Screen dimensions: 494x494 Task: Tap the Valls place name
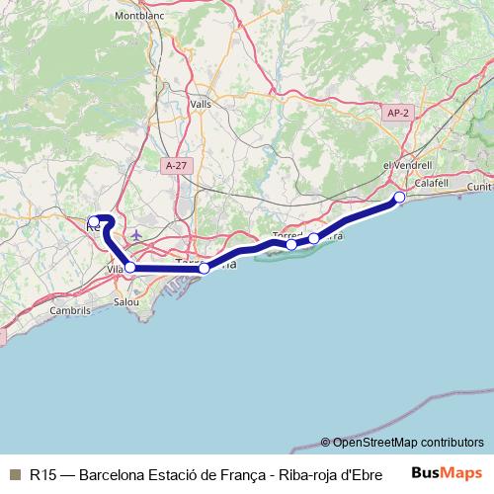point(201,103)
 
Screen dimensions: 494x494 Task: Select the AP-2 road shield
point(398,114)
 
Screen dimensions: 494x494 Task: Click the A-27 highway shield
point(176,165)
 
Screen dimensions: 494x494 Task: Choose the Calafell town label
point(432,184)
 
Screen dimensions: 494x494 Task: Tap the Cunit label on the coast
point(480,186)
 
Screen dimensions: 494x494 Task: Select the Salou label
point(126,301)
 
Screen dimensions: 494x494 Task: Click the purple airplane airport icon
point(136,235)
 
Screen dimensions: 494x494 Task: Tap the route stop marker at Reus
point(94,221)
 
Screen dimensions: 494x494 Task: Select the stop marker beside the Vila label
point(130,267)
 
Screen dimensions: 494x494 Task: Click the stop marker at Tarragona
point(204,268)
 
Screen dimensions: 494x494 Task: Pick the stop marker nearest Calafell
point(400,198)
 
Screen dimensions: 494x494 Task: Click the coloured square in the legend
point(15,473)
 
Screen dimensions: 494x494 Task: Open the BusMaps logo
point(448,473)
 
